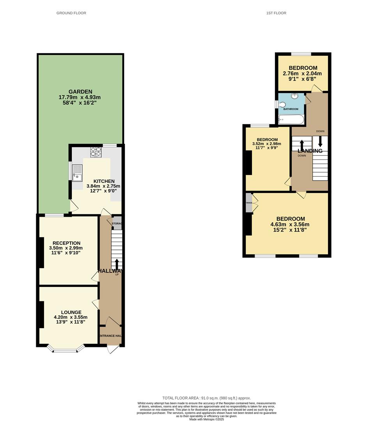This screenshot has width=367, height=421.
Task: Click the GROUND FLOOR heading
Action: coord(71,13)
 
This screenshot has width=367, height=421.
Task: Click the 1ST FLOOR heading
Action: coord(276,13)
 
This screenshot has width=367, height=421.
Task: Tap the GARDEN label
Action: coord(80,92)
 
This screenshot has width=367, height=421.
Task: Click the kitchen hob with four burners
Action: coord(96,152)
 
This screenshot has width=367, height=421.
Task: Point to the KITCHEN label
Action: coord(103,181)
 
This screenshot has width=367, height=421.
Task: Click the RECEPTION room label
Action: coord(66,243)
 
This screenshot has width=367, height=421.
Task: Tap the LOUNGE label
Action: coord(71,312)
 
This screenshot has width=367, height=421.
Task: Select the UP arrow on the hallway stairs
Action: coord(117,265)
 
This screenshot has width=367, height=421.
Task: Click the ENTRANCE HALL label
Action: coord(110,336)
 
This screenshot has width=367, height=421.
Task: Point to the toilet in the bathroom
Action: coord(282,104)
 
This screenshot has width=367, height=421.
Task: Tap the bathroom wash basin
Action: coord(295,96)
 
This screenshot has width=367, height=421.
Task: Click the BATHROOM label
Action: coord(291,109)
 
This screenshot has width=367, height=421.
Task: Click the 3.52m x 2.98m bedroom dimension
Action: coord(267,143)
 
